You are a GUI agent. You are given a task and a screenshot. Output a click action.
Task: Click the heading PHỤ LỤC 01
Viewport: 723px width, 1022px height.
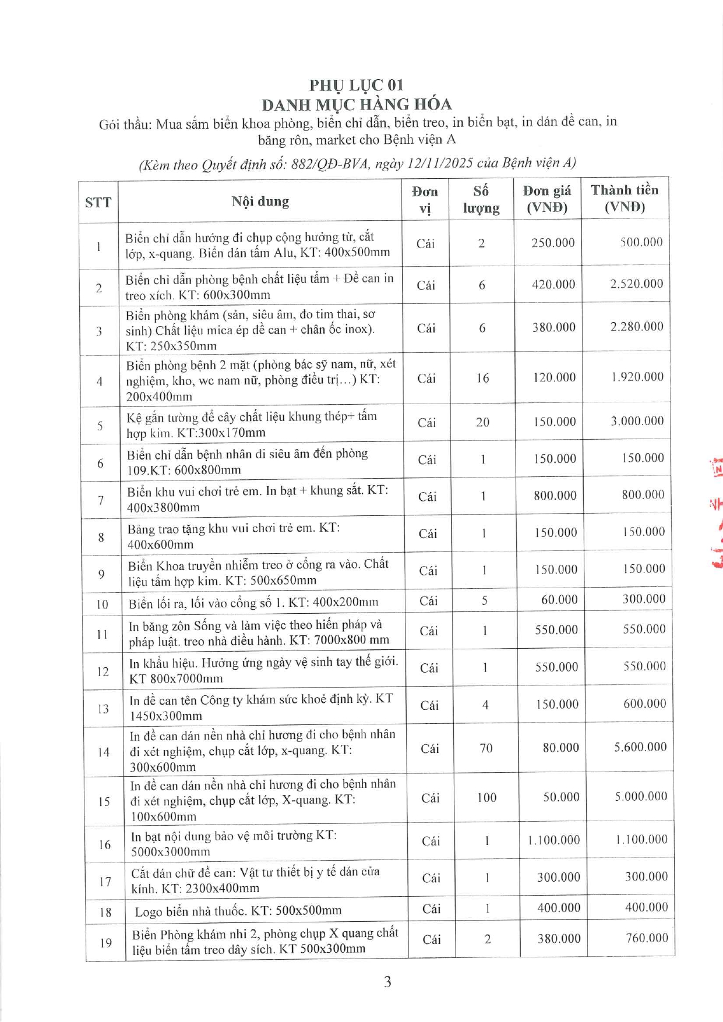356,85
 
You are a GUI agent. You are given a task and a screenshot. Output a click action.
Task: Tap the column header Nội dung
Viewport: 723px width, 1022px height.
260,201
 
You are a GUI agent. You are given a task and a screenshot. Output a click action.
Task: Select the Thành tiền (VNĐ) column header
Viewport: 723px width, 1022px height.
624,198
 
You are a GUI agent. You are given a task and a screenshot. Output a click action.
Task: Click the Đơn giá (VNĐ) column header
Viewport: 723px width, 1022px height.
546,199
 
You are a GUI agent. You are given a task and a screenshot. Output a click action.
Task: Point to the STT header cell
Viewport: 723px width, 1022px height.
98,203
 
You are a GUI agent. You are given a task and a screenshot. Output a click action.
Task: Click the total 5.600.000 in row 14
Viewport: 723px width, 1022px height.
640,747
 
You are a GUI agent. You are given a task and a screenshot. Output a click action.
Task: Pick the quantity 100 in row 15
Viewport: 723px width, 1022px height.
486,797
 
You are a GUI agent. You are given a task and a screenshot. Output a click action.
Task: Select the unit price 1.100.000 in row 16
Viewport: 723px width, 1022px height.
553,840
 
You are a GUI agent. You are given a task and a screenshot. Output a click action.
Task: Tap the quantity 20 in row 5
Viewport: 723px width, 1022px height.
482,422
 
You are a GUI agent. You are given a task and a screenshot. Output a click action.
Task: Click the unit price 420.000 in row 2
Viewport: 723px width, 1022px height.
553,284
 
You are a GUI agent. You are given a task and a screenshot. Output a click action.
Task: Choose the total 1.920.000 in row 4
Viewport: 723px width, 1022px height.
637,377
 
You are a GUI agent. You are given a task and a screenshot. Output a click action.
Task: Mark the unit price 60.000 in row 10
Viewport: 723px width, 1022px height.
559,599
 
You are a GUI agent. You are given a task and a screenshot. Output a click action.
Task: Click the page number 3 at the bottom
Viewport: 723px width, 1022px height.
387,982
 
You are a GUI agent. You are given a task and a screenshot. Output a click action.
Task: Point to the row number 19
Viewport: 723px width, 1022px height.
105,942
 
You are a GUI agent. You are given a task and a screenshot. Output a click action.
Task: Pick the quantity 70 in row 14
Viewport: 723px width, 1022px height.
486,748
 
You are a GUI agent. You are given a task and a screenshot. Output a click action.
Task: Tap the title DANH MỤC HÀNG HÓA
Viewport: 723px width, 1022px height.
357,105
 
